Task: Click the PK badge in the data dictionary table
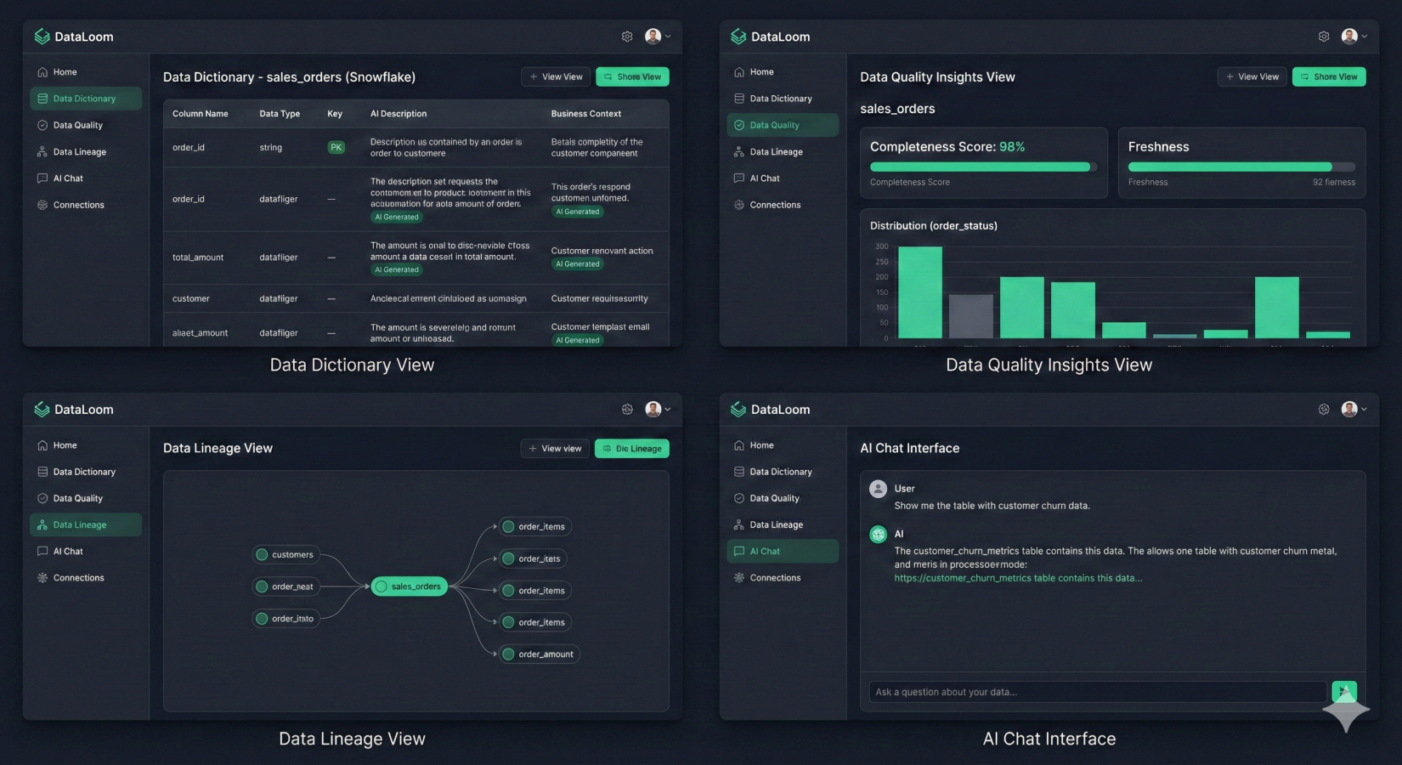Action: [x=336, y=147]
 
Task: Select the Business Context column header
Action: [x=585, y=114]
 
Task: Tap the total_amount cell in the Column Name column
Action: [x=198, y=258]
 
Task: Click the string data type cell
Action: [x=270, y=147]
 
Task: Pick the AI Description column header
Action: [x=399, y=114]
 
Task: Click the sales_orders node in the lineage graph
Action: [x=409, y=586]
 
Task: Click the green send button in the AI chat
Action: [x=1343, y=691]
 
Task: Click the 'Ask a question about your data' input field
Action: [x=1096, y=692]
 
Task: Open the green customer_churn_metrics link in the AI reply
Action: [x=1018, y=578]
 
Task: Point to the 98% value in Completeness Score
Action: [x=1012, y=147]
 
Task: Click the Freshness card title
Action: [x=1158, y=147]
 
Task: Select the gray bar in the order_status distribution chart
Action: [x=970, y=316]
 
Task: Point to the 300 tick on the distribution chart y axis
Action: [x=882, y=246]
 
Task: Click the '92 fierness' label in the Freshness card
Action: [x=1333, y=182]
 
